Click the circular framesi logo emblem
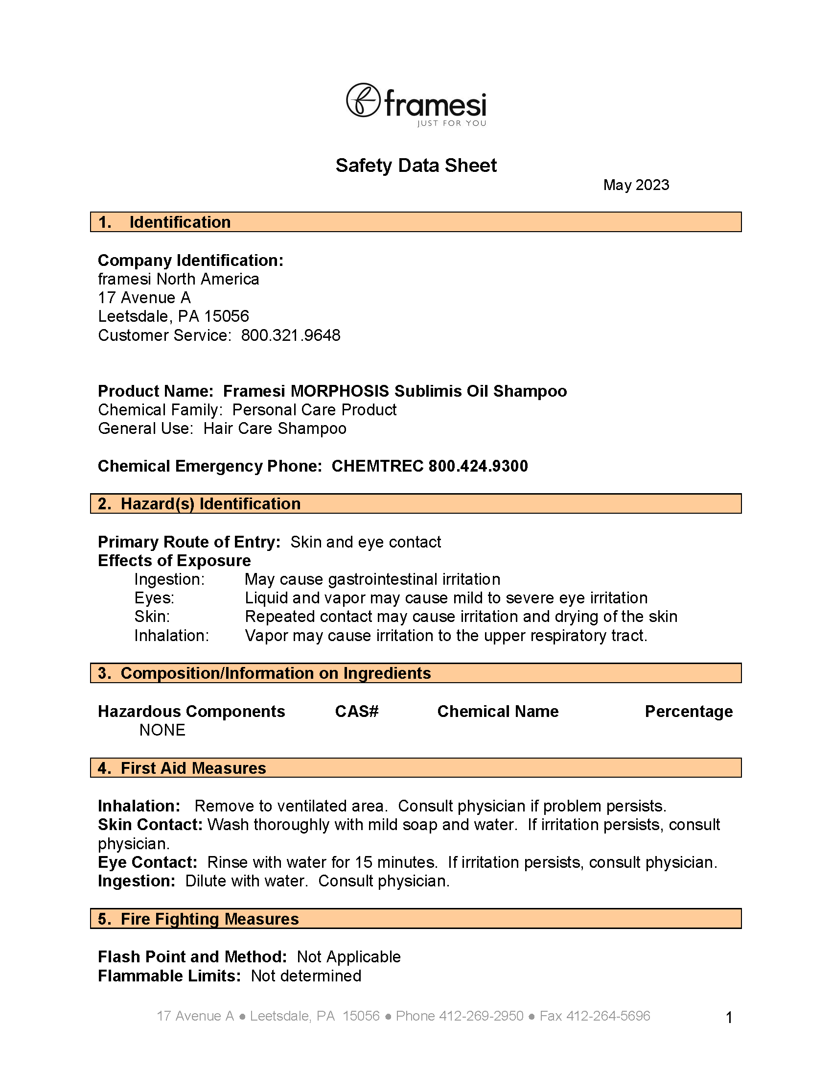[363, 99]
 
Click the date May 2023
[636, 185]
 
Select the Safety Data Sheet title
[416, 166]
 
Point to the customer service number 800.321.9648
[290, 336]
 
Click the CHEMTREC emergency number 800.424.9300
[478, 466]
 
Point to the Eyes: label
[155, 598]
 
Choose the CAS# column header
[357, 712]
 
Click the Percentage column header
[688, 712]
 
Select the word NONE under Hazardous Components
[162, 730]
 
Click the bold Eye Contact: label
[148, 862]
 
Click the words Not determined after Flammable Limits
[306, 976]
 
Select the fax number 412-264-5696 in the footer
[608, 1016]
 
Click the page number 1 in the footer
[729, 1018]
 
